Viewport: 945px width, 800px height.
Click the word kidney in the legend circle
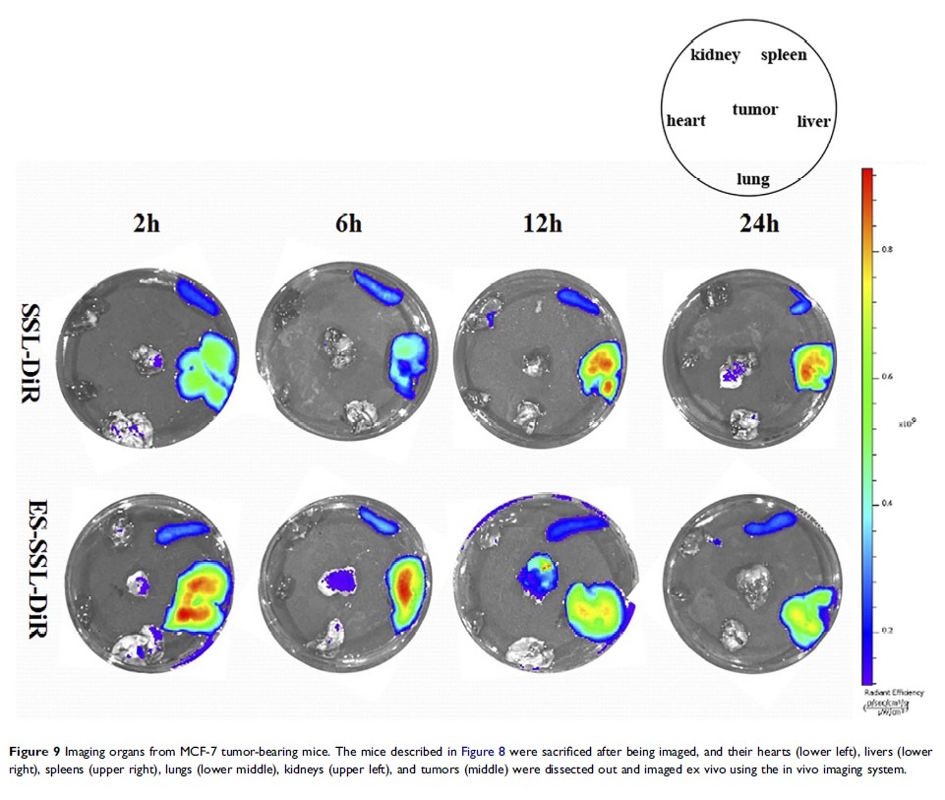pyautogui.click(x=715, y=55)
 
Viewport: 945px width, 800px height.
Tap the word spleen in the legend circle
pyautogui.click(x=784, y=55)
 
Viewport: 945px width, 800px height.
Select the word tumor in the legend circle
pyautogui.click(x=755, y=109)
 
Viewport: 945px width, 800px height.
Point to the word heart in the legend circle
pyautogui.click(x=685, y=121)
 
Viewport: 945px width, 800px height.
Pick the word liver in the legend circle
pyautogui.click(x=813, y=122)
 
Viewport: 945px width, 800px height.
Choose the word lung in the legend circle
pyautogui.click(x=753, y=179)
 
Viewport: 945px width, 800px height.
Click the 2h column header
pyautogui.click(x=147, y=223)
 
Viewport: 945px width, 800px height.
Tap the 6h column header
pyautogui.click(x=347, y=223)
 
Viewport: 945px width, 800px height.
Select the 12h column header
pyautogui.click(x=542, y=223)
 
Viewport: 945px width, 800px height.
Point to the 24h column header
pyautogui.click(x=758, y=223)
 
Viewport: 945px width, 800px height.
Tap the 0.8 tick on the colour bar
pyautogui.click(x=886, y=250)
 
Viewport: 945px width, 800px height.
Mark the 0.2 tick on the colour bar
pyautogui.click(x=885, y=630)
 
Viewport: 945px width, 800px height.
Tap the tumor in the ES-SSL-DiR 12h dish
pyautogui.click(x=539, y=573)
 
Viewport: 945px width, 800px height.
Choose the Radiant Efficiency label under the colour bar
pyautogui.click(x=892, y=693)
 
